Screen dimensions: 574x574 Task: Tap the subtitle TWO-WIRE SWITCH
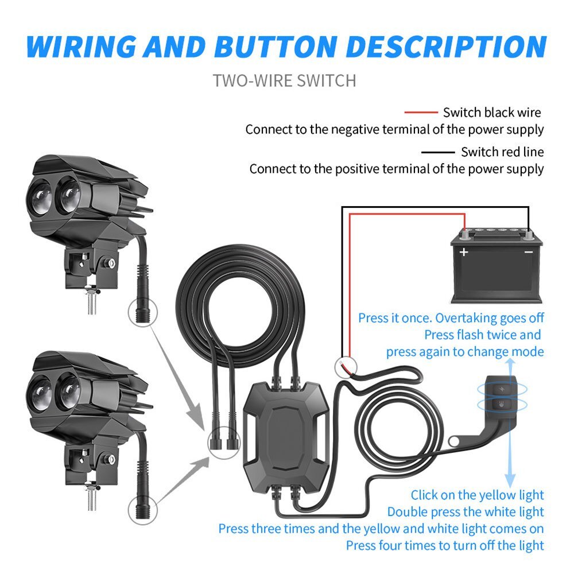(x=285, y=80)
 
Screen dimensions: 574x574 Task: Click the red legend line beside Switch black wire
(x=421, y=113)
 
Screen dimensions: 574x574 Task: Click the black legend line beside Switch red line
(x=438, y=152)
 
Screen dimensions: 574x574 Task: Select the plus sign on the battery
(x=464, y=252)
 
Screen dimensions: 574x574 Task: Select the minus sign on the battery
(x=528, y=252)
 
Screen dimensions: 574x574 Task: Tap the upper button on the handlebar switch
(x=502, y=389)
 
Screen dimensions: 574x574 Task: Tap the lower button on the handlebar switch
(x=502, y=405)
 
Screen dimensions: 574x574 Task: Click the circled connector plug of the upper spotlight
(x=142, y=313)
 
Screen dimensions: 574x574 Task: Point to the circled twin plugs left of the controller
(x=224, y=443)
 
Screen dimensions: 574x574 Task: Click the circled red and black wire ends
(x=346, y=367)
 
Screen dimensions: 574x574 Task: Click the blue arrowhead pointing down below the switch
(x=510, y=480)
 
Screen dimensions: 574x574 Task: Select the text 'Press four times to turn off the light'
(x=445, y=545)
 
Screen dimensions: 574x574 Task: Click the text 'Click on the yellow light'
(x=477, y=495)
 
